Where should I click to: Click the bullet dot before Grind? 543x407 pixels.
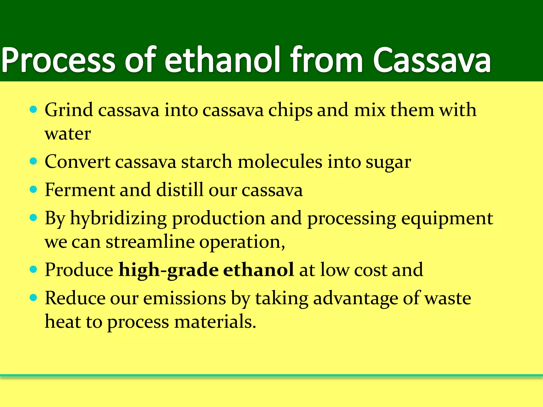point(33,109)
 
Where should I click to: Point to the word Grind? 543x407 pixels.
point(69,110)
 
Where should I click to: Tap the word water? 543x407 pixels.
point(68,134)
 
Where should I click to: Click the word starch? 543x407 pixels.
point(207,162)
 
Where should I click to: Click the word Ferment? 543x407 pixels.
point(80,190)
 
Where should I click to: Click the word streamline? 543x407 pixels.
point(150,242)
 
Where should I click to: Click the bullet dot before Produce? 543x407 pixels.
point(33,269)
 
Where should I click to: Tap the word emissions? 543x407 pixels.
point(185,298)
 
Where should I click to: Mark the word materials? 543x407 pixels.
point(215,322)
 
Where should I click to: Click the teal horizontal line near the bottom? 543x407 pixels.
point(271,375)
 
